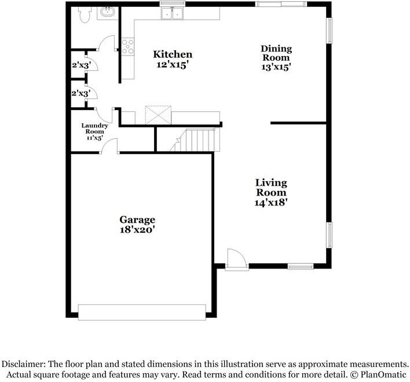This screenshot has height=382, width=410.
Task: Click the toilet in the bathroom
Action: (x=85, y=14)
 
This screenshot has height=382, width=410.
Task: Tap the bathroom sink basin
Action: (x=107, y=12)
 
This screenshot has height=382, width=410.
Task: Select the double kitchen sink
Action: (x=172, y=13)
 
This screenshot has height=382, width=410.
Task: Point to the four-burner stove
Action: (x=128, y=46)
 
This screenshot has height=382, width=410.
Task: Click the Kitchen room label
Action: (x=173, y=54)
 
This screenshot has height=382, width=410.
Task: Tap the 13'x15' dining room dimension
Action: (x=276, y=67)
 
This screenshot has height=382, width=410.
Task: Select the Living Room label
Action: (x=271, y=188)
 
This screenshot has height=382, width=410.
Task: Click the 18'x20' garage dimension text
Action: (x=138, y=230)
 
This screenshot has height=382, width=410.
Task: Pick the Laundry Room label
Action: (x=94, y=128)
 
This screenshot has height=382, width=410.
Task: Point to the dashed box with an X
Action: (x=158, y=115)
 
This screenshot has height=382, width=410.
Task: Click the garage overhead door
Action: (x=142, y=312)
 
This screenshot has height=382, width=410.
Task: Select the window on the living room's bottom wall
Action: (x=301, y=266)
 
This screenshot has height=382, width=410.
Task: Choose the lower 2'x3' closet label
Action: (x=81, y=93)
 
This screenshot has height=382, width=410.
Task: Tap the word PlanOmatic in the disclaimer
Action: (x=383, y=374)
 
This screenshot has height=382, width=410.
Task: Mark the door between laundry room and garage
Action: (x=109, y=146)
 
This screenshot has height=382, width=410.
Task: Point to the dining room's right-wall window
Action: (x=330, y=31)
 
